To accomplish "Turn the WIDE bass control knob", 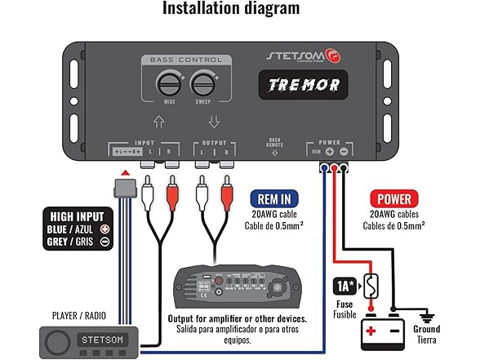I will pos(170,83).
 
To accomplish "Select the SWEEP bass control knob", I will pos(202,83).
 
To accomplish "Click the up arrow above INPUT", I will pos(159,122).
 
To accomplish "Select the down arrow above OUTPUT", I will pos(214,122).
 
